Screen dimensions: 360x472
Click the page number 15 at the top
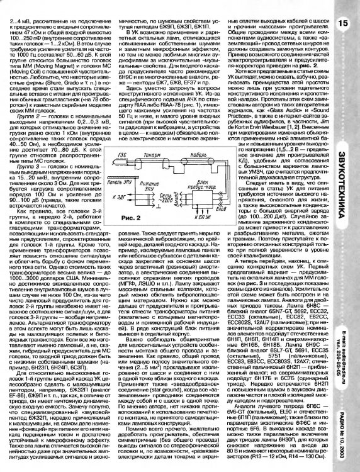coord(342,23)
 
